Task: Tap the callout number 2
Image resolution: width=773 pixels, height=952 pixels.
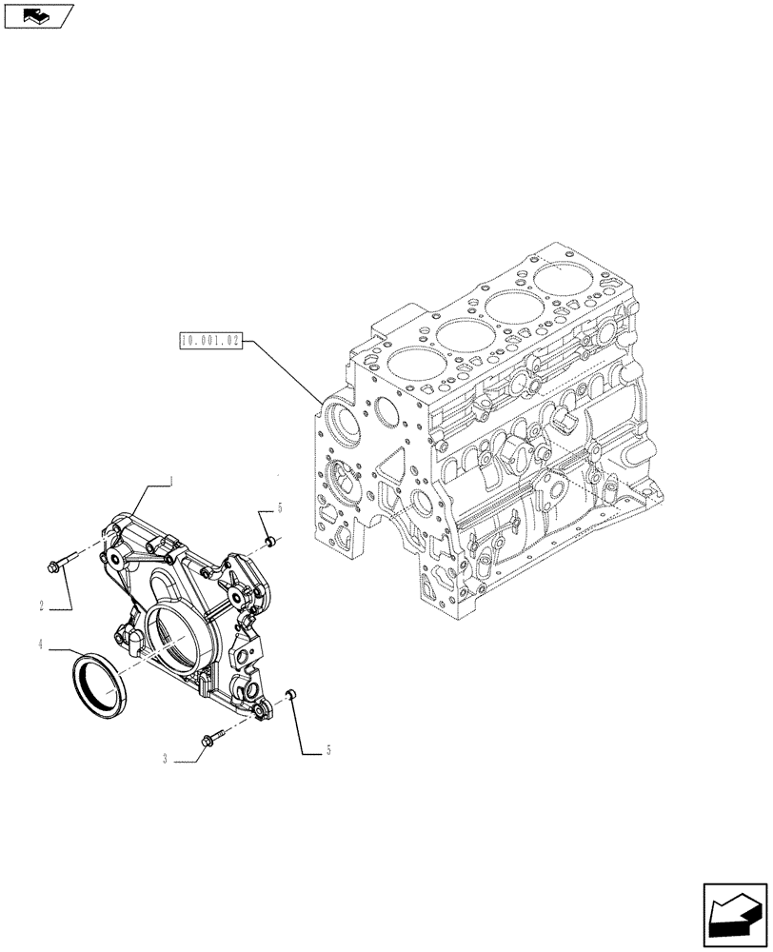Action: point(43,605)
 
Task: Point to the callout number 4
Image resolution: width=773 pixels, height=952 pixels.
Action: point(42,645)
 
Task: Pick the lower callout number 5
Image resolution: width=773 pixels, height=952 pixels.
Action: point(328,751)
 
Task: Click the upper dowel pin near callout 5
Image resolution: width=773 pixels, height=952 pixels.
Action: point(270,542)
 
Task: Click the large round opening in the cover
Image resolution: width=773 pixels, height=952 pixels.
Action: point(171,635)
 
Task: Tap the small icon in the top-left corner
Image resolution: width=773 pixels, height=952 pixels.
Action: point(39,15)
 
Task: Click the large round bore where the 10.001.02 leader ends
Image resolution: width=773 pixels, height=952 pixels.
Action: point(340,421)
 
